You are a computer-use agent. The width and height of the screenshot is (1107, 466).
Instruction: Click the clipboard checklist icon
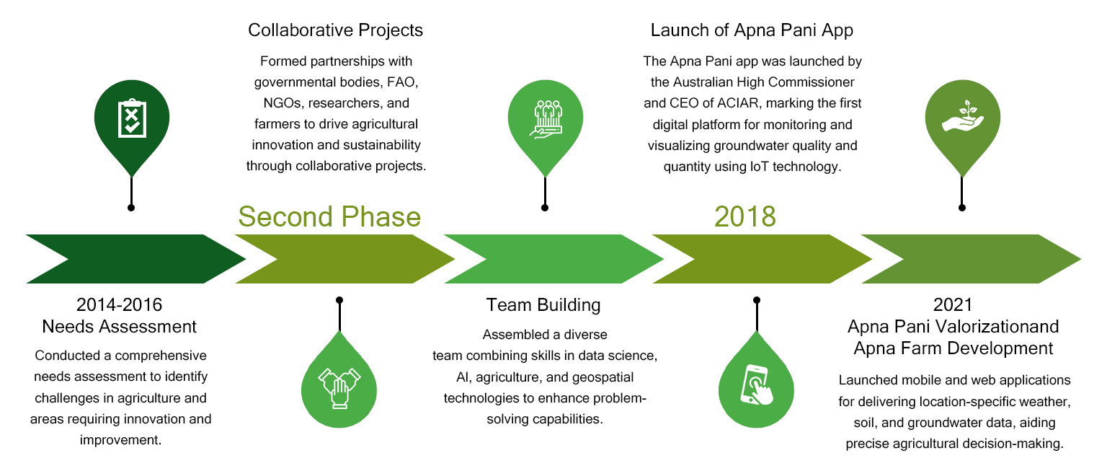132,118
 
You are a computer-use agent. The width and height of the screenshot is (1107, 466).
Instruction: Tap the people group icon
546,119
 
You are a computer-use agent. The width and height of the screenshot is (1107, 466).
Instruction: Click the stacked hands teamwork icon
339,388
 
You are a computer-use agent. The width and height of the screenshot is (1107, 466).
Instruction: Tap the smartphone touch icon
756,385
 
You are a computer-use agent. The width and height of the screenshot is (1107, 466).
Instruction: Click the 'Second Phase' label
329,216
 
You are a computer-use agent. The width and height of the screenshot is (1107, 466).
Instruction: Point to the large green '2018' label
745,216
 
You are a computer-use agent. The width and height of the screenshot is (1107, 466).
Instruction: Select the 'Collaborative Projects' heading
336,30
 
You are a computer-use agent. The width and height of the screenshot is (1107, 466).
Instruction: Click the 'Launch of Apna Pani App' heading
752,30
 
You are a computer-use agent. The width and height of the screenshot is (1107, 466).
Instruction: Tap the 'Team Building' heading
543,304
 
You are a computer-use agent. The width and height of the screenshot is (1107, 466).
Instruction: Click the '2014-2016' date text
119,304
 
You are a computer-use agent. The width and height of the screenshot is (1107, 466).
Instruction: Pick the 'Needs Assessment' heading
119,327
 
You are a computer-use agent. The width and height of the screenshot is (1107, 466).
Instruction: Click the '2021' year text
953,304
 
